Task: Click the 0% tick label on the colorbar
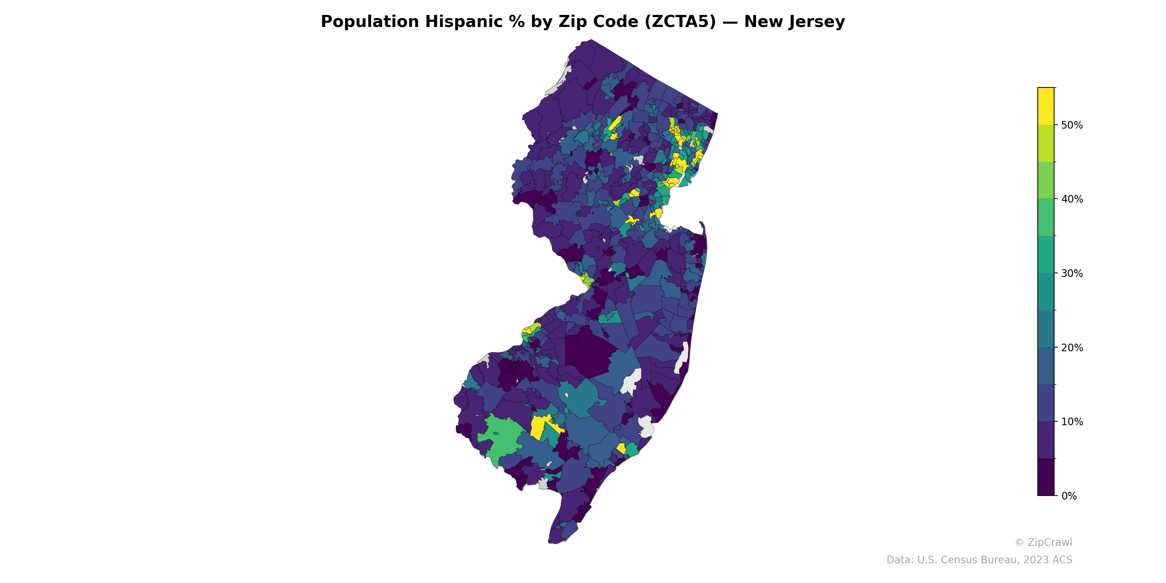pyautogui.click(x=1069, y=496)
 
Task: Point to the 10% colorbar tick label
pyautogui.click(x=1071, y=422)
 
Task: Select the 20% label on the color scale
pyautogui.click(x=1071, y=348)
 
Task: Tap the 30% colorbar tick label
pyautogui.click(x=1071, y=273)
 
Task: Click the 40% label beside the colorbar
pyautogui.click(x=1071, y=199)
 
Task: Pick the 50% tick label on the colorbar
pyautogui.click(x=1071, y=125)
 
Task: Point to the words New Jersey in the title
pyautogui.click(x=794, y=22)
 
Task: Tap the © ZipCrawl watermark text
pyautogui.click(x=1043, y=542)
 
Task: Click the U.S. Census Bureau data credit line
pyautogui.click(x=979, y=560)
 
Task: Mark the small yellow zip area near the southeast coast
pyautogui.click(x=622, y=448)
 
